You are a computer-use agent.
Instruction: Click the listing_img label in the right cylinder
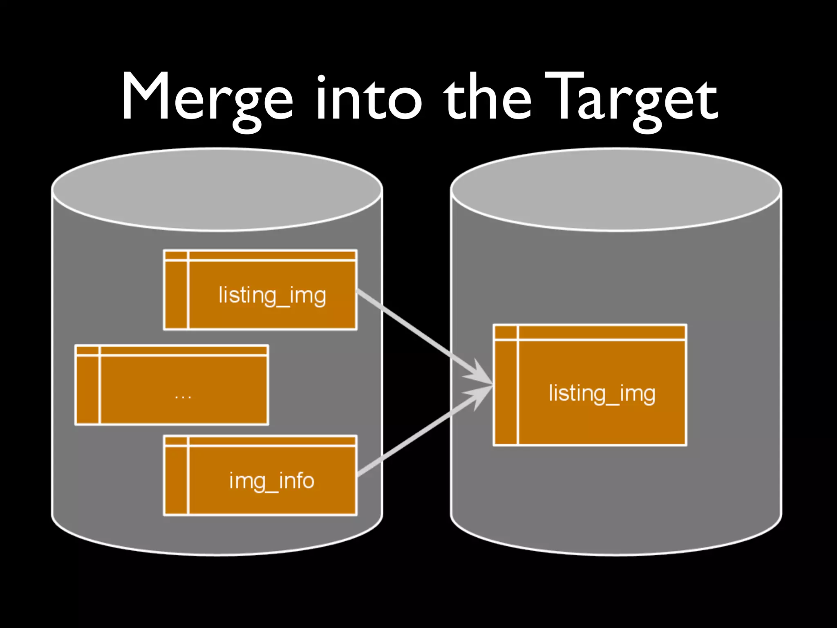click(x=602, y=394)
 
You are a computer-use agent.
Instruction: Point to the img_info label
click(x=272, y=481)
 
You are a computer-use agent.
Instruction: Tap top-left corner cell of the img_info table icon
click(x=176, y=441)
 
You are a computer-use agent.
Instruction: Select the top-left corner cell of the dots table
click(x=87, y=350)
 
